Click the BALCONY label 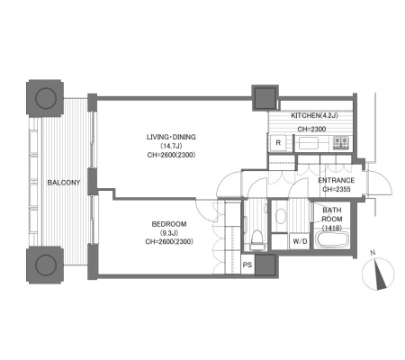64,183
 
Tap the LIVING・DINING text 171,137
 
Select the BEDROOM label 169,224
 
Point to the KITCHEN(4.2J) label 314,115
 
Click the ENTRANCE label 337,180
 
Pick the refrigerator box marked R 278,143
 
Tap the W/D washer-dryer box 300,241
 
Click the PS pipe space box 247,265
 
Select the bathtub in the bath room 332,239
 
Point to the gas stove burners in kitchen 341,143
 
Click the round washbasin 280,216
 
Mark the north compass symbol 378,274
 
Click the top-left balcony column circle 46,98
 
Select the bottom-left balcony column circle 46,265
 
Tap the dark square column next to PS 265,265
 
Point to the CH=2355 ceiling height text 337,189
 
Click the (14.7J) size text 171,146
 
